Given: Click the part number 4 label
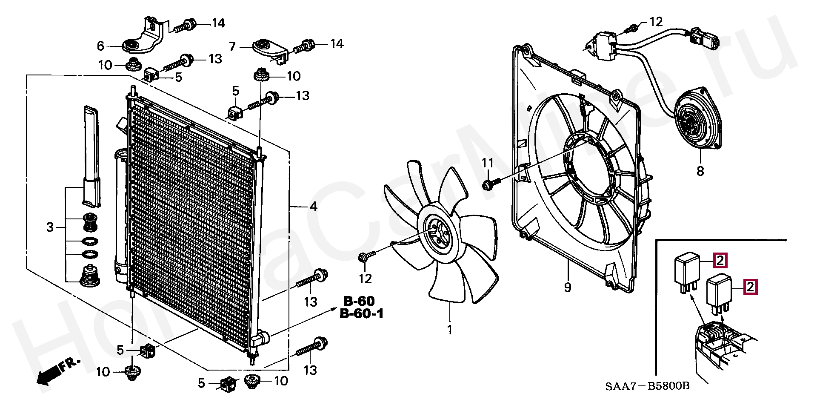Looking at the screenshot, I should pyautogui.click(x=313, y=207).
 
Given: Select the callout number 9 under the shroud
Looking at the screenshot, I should pyautogui.click(x=568, y=287).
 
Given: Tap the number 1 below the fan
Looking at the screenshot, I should pyautogui.click(x=450, y=330).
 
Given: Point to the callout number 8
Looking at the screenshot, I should pyautogui.click(x=700, y=171).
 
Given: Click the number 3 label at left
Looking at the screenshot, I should pyautogui.click(x=50, y=227).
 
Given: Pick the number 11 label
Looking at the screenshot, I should pyautogui.click(x=488, y=163).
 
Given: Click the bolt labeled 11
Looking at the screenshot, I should pyautogui.click(x=488, y=185).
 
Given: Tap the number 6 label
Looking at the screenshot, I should pyautogui.click(x=100, y=46).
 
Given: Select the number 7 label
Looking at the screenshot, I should pyautogui.click(x=232, y=46).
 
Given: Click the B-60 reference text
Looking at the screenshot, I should pyautogui.click(x=359, y=301).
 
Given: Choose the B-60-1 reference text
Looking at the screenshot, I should pyautogui.click(x=362, y=314).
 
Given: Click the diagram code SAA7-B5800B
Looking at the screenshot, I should pyautogui.click(x=647, y=386).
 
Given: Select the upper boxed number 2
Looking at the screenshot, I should pyautogui.click(x=720, y=260).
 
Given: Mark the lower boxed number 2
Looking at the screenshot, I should pyautogui.click(x=750, y=287).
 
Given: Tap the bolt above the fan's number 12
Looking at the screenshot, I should pyautogui.click(x=365, y=257).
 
